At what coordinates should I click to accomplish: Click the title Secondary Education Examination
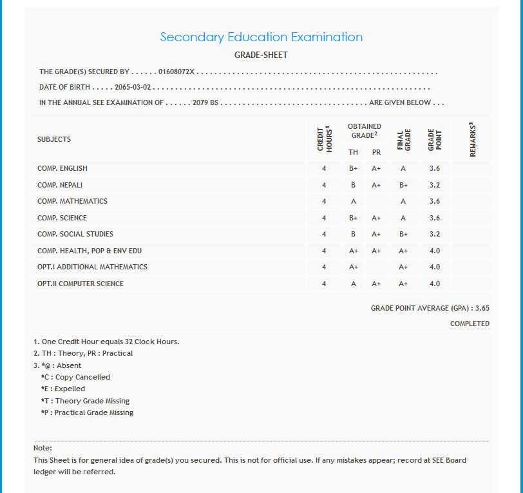click(261, 37)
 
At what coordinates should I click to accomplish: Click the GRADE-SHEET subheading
click(261, 55)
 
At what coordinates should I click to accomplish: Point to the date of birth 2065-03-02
click(133, 87)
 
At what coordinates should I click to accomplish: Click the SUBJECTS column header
click(54, 139)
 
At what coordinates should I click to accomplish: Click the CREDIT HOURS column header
click(324, 139)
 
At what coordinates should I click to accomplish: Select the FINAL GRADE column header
click(403, 140)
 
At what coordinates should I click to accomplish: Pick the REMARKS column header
click(473, 139)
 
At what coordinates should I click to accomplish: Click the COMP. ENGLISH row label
click(62, 168)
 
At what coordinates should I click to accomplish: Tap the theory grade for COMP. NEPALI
click(353, 185)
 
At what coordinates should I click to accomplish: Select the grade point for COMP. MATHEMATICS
click(434, 201)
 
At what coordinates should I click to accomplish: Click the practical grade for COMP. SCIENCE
click(377, 218)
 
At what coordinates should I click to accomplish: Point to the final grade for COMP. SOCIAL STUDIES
click(403, 234)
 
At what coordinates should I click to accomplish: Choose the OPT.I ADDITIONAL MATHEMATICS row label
click(92, 267)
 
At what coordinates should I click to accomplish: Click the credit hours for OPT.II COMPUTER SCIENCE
click(324, 284)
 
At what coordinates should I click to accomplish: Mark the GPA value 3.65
click(482, 309)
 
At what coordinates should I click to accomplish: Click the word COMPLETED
click(470, 324)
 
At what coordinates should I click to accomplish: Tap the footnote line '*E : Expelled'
click(62, 389)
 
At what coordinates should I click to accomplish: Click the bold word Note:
click(43, 448)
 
